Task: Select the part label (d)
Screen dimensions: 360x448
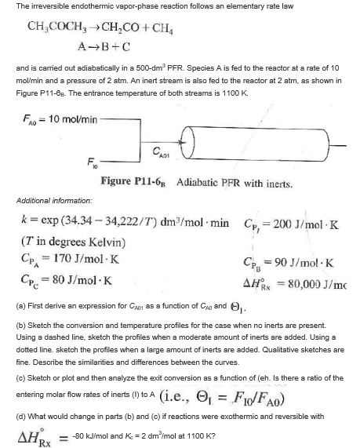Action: (10, 409)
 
